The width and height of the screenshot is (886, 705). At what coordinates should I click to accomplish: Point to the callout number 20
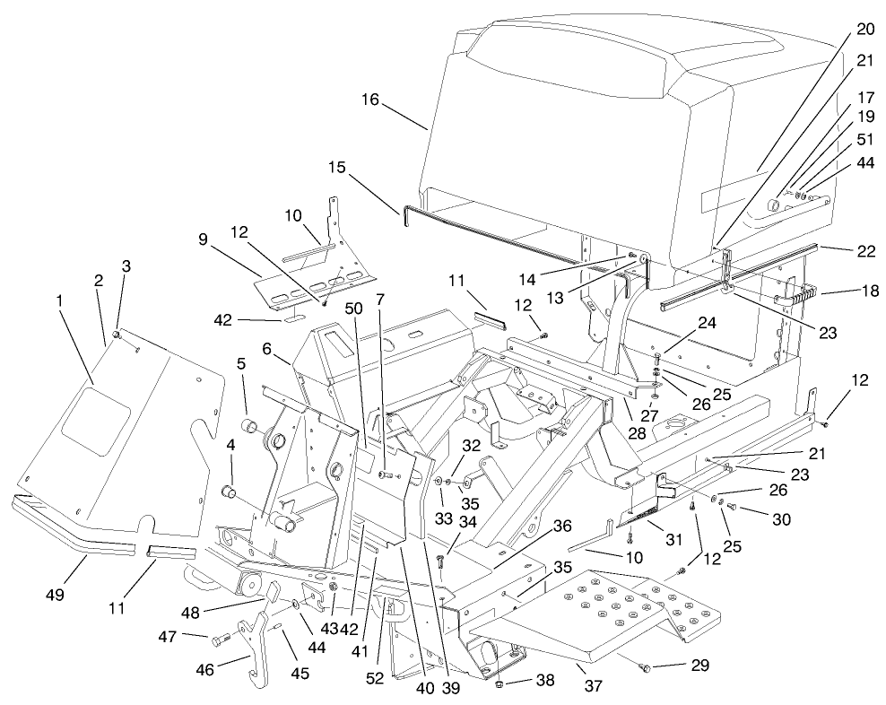864,29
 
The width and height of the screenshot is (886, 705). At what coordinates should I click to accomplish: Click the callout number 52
375,678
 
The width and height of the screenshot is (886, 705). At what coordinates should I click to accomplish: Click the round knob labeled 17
773,205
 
